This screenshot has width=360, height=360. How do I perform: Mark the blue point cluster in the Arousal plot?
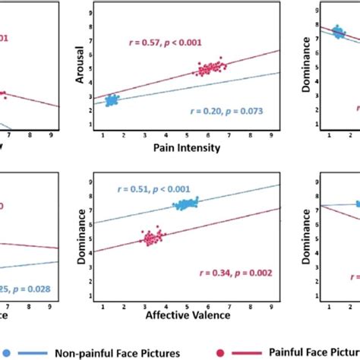tap(112, 100)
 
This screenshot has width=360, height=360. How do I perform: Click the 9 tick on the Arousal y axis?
tap(92, 14)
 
